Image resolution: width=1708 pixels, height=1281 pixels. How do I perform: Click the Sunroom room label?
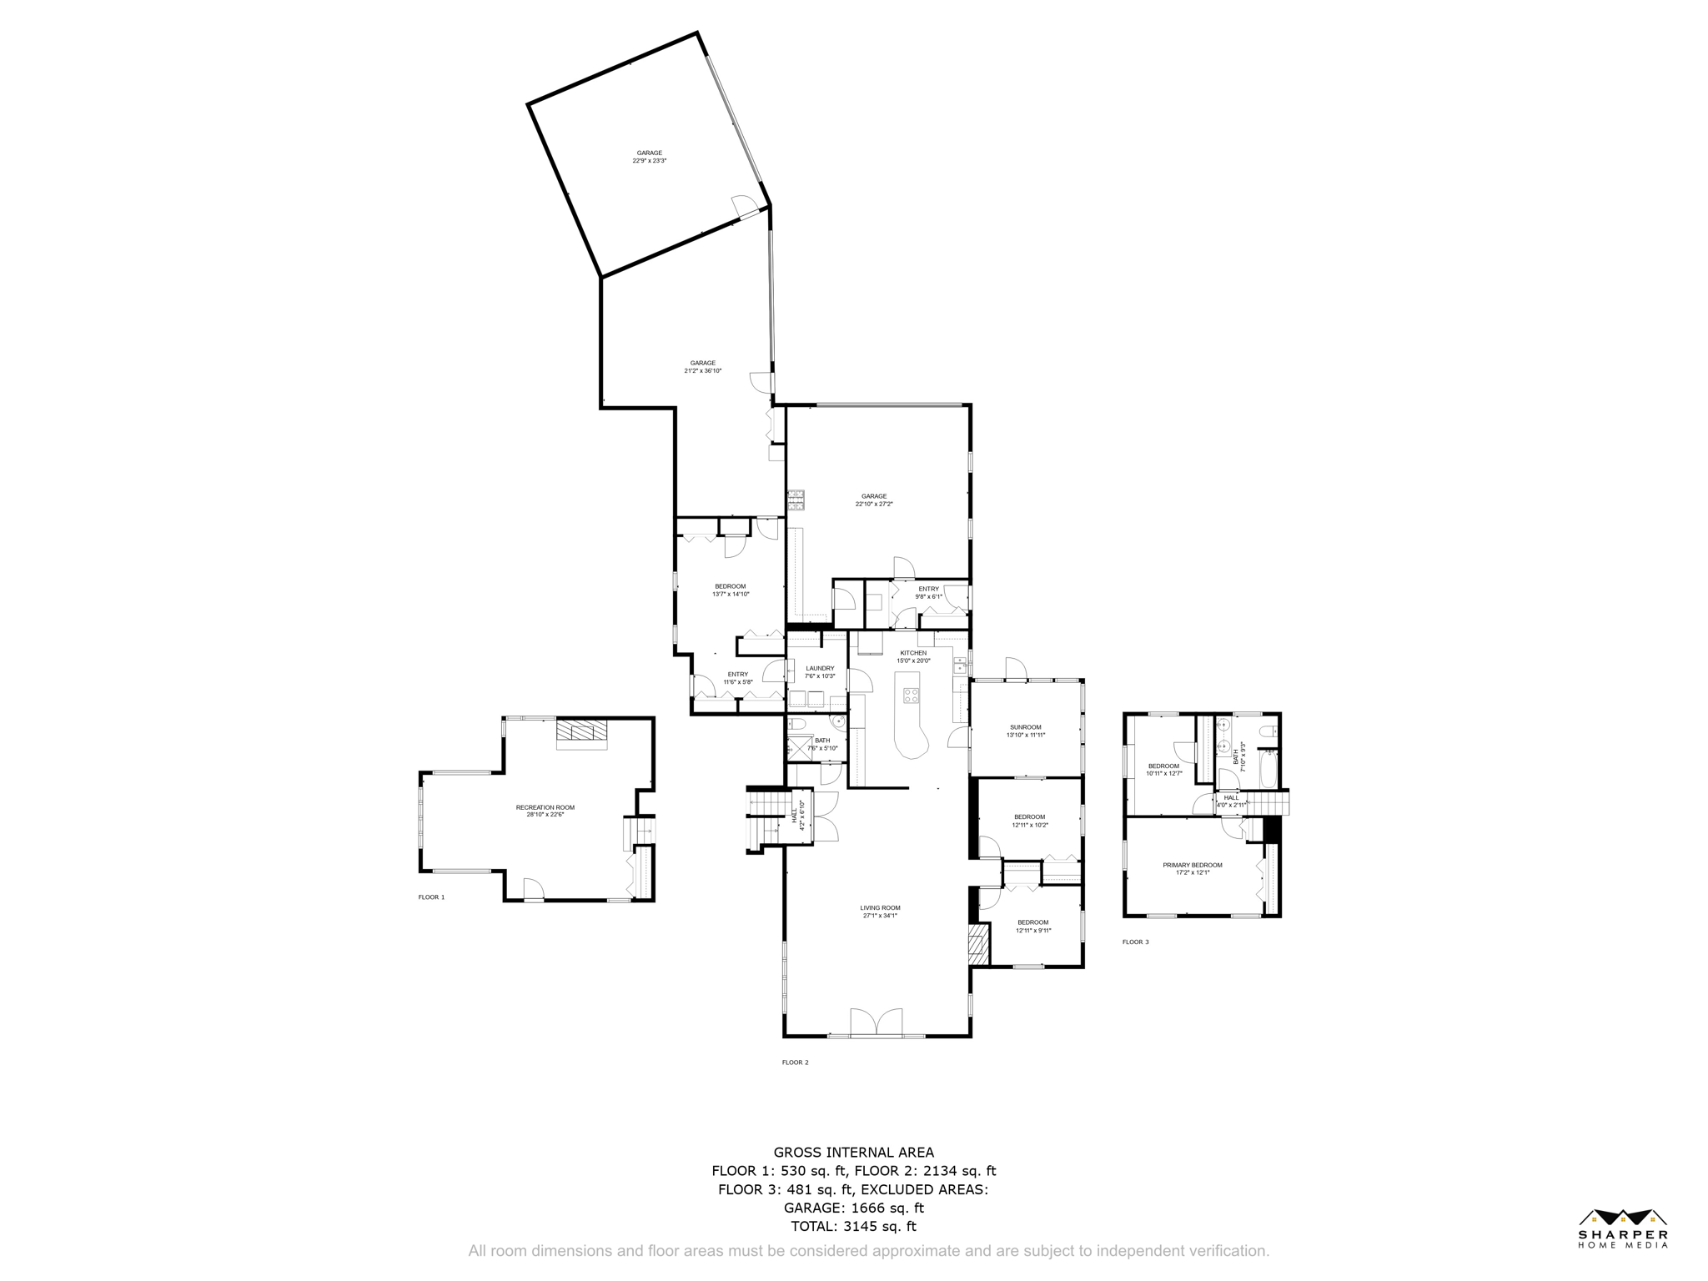pyautogui.click(x=1025, y=727)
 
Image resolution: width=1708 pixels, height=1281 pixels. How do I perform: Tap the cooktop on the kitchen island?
pyautogui.click(x=911, y=696)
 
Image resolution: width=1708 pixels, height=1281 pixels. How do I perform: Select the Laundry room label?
pyautogui.click(x=820, y=668)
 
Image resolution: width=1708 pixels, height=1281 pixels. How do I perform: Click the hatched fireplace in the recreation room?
pyautogui.click(x=583, y=731)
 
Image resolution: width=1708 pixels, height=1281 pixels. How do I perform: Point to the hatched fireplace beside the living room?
pyautogui.click(x=977, y=945)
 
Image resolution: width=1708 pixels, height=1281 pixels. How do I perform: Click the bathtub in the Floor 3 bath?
pyautogui.click(x=1267, y=769)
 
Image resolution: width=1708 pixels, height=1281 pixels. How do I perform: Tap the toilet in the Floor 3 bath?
pyautogui.click(x=1268, y=731)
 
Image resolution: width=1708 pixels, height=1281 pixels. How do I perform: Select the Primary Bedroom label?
pyautogui.click(x=1193, y=865)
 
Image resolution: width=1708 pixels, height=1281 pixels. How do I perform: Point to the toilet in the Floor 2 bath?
pyautogui.click(x=796, y=723)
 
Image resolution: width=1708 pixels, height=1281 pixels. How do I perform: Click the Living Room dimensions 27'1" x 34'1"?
pyautogui.click(x=880, y=916)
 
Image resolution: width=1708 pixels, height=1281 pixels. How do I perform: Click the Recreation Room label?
pyautogui.click(x=545, y=807)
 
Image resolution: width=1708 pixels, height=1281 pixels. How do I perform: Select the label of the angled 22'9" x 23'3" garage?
pyautogui.click(x=649, y=153)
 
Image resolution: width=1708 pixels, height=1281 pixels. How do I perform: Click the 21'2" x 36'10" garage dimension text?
pyautogui.click(x=702, y=370)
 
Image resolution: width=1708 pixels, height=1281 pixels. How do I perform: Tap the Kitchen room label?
pyautogui.click(x=913, y=653)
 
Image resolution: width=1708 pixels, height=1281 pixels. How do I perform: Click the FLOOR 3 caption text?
pyautogui.click(x=1135, y=942)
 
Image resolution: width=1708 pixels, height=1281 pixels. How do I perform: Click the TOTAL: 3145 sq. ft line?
pyautogui.click(x=853, y=1227)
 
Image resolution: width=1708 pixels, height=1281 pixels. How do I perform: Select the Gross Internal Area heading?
pyautogui.click(x=853, y=1153)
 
